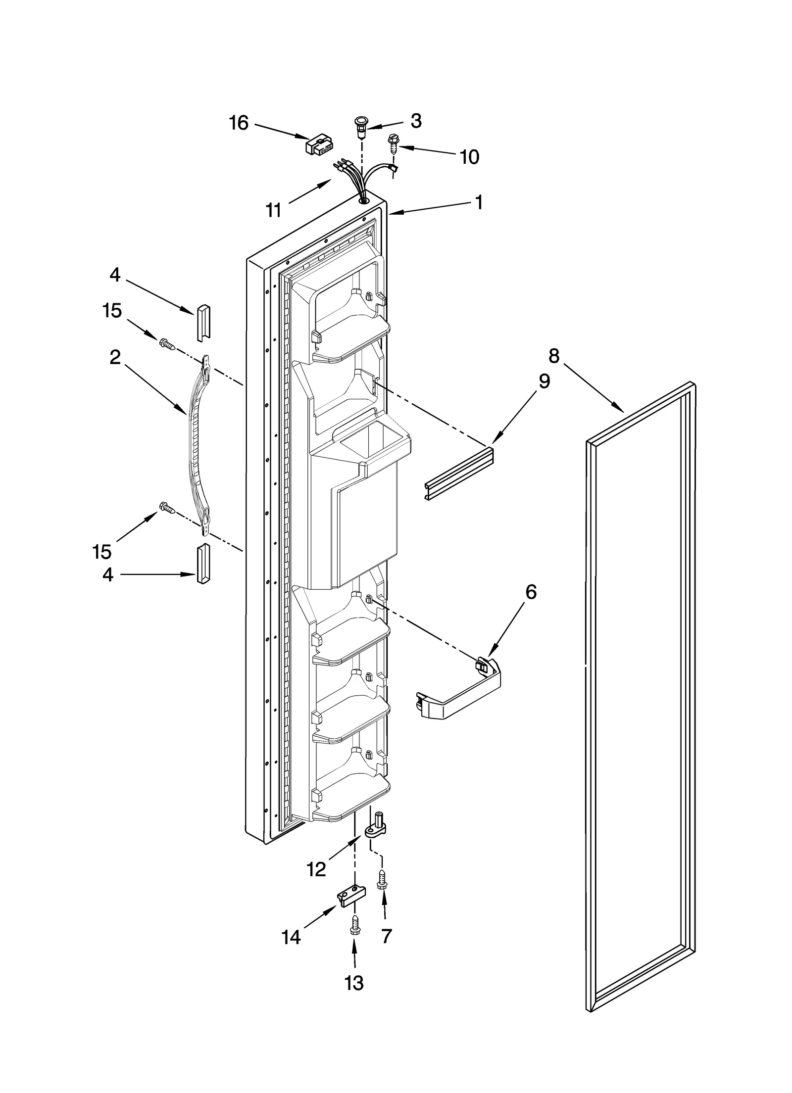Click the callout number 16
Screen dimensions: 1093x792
[239, 123]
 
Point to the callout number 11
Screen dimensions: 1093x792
[273, 210]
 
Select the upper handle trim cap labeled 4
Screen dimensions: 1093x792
[203, 322]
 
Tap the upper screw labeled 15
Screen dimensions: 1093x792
[167, 344]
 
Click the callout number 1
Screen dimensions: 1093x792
[479, 202]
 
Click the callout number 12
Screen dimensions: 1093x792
[317, 869]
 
